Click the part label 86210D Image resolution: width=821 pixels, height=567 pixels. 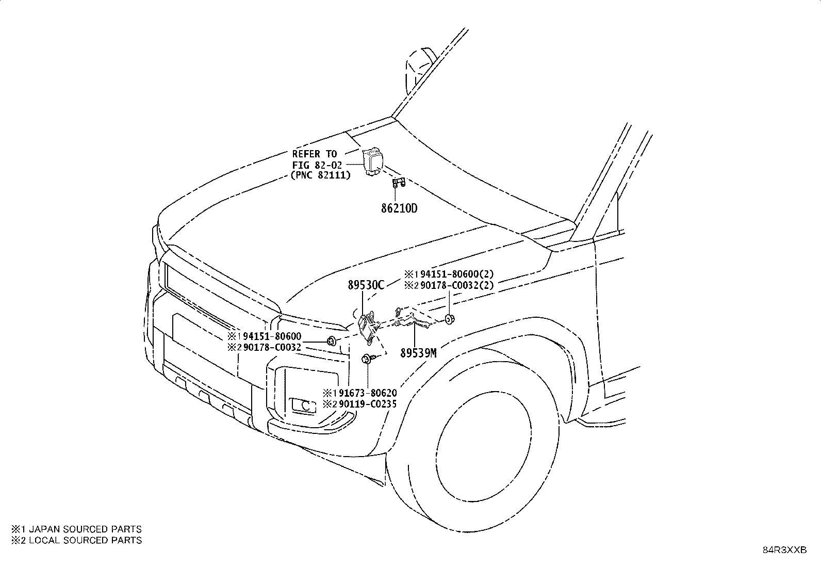coord(399,208)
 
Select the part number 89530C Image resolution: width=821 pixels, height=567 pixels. coord(366,285)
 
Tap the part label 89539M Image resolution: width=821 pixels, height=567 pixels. coord(418,353)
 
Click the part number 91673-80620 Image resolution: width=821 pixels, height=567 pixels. coord(368,393)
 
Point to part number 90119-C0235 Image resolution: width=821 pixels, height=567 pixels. coord(368,404)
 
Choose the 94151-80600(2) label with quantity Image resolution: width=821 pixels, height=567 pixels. coord(457,274)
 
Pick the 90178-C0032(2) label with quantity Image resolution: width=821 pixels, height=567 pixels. coord(457,285)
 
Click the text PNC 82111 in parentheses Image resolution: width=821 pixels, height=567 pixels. coord(321,175)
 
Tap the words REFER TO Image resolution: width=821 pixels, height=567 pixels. coord(315,154)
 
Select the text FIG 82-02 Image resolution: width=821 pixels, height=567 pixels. coord(317,165)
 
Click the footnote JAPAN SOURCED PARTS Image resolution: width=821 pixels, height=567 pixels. coord(85,529)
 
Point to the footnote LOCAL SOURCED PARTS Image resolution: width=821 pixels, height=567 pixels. coord(85,540)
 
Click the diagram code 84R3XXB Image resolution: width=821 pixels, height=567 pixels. coord(784,550)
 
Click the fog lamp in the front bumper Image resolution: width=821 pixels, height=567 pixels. coord(303,406)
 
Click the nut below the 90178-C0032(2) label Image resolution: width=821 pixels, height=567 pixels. coord(450,319)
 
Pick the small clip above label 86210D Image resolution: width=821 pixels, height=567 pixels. coord(399,182)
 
